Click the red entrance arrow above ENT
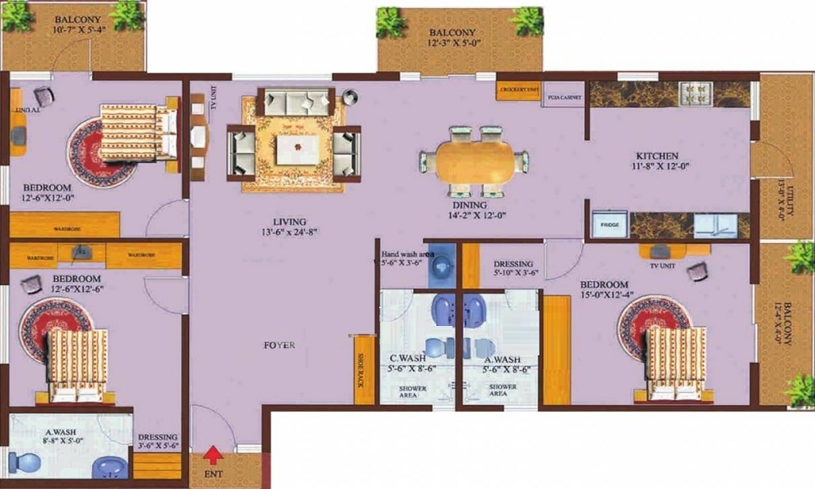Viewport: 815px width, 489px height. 214,454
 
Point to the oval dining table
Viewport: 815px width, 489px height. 474,161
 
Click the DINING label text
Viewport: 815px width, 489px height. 471,205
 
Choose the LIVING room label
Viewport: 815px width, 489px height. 289,222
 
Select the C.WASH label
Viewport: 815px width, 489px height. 404,359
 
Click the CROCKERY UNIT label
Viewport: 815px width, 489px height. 518,88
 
